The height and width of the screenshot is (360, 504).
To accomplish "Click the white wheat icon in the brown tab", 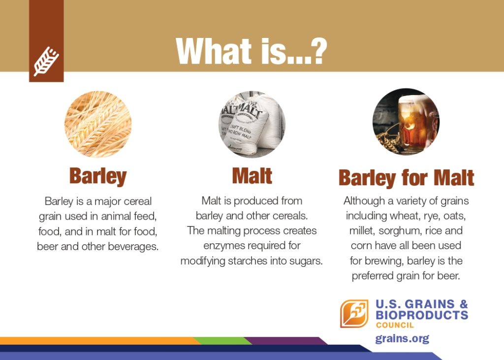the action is tap(46, 61).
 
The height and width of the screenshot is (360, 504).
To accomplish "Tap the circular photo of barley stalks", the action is tap(98, 124).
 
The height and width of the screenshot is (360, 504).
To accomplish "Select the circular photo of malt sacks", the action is tap(252, 124).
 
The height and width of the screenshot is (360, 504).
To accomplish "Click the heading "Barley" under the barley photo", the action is tap(98, 176).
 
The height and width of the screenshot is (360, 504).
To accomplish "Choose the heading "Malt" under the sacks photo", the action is tap(252, 176).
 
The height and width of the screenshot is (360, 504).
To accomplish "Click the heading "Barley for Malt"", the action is tap(406, 178).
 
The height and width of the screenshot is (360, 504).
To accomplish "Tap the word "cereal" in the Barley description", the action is tap(138, 201).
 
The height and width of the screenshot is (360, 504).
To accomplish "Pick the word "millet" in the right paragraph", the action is tap(362, 230).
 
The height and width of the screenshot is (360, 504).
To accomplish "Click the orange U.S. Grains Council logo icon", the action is tap(354, 314).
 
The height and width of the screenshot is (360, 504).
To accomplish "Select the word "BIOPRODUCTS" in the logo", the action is tap(422, 315).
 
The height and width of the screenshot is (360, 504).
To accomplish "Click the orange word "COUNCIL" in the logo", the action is tap(395, 325).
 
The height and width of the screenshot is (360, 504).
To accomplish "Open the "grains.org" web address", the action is tap(402, 339).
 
